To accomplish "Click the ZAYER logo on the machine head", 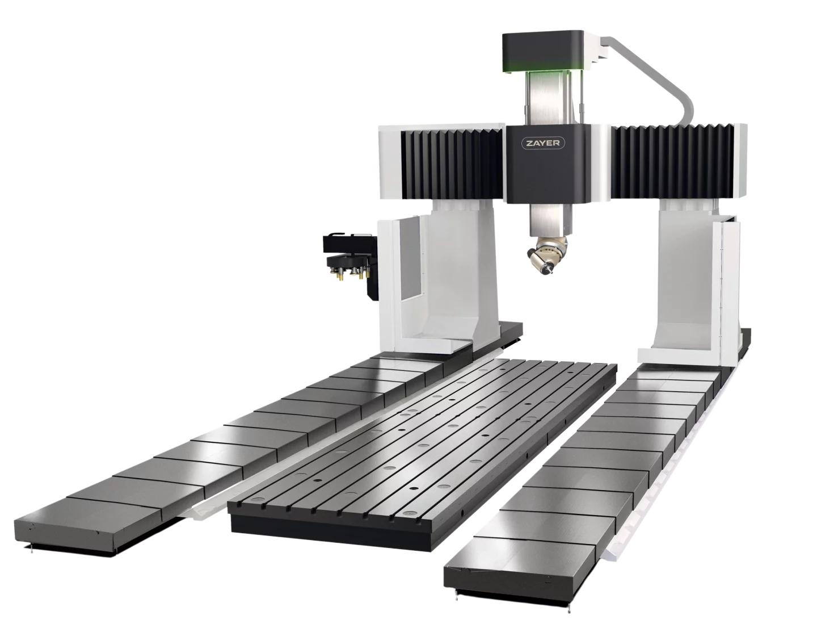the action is tap(542, 143).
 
